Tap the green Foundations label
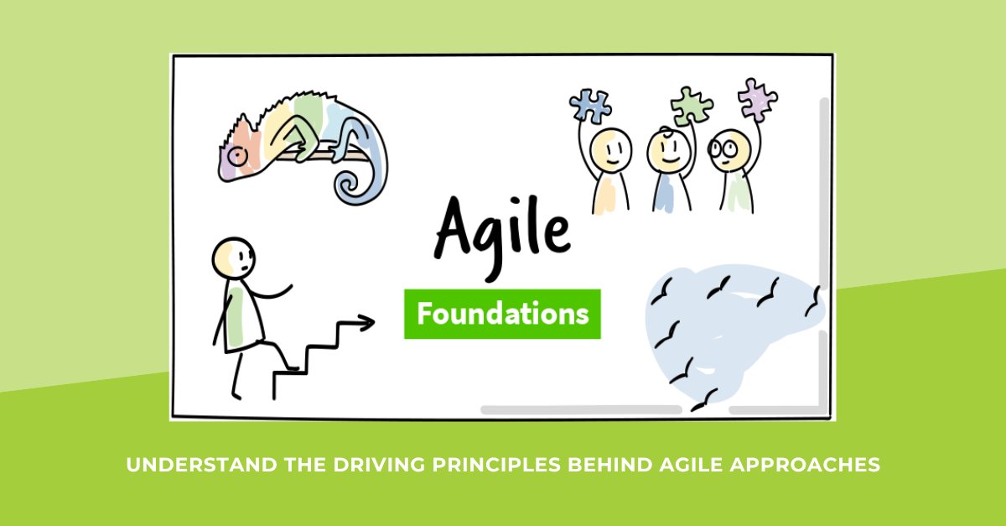point(502,315)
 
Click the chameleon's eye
point(238,154)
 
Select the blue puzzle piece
point(591,106)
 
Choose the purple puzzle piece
point(757,100)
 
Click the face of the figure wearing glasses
point(724,152)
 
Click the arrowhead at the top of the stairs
point(366,322)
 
